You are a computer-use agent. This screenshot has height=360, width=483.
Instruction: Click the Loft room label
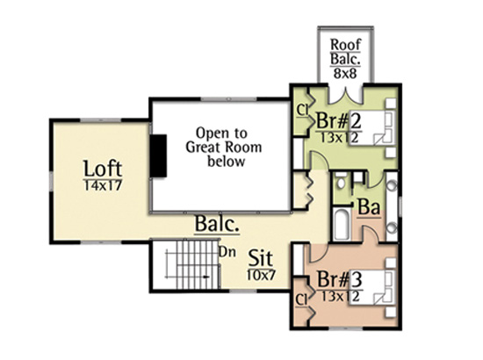[103, 169]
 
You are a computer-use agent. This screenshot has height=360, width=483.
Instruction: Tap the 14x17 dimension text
[103, 185]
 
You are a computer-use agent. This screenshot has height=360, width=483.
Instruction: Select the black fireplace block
[158, 155]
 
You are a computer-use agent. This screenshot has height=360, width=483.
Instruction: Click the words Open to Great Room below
[224, 148]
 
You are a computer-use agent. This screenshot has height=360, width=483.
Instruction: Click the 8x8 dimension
[345, 73]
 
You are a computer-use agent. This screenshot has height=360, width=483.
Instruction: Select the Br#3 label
[340, 279]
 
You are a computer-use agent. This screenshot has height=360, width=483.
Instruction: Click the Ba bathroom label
[369, 207]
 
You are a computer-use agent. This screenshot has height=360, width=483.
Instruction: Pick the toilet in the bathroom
[341, 181]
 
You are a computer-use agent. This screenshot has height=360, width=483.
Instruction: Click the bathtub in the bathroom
[342, 224]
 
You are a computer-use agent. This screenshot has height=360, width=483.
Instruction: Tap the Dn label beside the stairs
[227, 252]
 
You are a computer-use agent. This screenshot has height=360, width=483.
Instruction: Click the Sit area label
[261, 258]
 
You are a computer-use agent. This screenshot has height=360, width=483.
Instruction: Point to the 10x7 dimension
[261, 275]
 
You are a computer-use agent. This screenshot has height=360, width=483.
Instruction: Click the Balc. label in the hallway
[217, 224]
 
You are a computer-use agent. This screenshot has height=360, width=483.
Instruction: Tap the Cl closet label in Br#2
[302, 111]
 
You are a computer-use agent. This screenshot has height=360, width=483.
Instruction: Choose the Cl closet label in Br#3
[301, 300]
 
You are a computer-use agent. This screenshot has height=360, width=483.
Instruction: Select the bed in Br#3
[372, 286]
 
